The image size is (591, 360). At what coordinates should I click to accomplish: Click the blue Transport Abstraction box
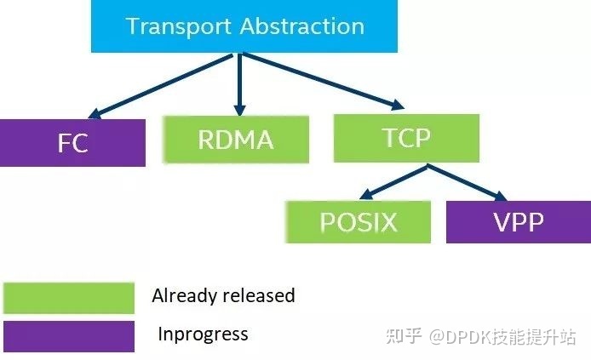(245, 26)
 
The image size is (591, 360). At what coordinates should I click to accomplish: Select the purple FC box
(72, 142)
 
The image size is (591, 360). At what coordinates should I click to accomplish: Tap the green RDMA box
(235, 138)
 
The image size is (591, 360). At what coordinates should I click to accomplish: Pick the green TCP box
(406, 136)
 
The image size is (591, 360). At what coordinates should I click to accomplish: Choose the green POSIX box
(359, 222)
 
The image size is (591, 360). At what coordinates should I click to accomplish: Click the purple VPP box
(519, 222)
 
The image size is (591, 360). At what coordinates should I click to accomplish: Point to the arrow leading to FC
(162, 84)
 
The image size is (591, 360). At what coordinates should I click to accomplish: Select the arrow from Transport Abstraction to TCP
(324, 83)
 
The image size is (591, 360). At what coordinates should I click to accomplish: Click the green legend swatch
(69, 298)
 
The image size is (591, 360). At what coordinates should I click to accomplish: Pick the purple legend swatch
(69, 335)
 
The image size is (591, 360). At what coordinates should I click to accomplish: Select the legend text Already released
(223, 296)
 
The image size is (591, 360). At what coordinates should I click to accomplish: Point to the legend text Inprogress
(203, 334)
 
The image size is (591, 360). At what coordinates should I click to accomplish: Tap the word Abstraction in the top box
(301, 26)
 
